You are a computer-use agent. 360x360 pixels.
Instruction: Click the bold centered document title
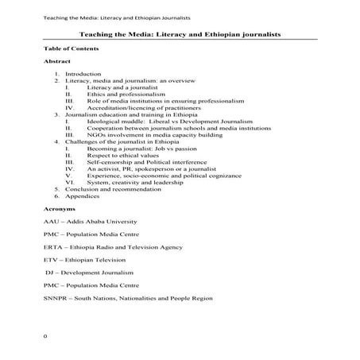pyautogui.click(x=180, y=36)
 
